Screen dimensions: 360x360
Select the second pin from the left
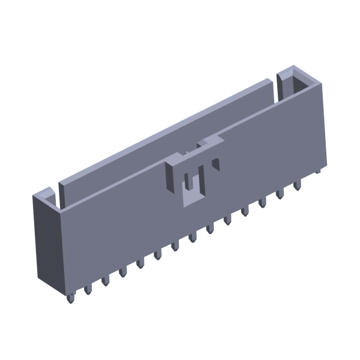[x=88, y=289]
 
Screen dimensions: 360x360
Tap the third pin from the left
[x=105, y=280]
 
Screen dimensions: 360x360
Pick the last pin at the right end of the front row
[x=297, y=185]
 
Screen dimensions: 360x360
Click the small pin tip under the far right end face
[x=317, y=170]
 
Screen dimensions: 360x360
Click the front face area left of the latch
[x=114, y=222]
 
